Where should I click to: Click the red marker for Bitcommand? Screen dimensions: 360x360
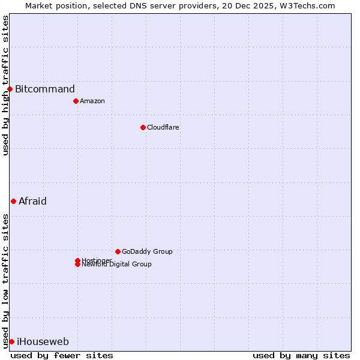(10, 89)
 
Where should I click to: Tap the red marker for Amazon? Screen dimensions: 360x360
(76, 101)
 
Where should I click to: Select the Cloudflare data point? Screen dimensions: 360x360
(143, 127)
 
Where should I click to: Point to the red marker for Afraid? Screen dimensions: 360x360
(13, 201)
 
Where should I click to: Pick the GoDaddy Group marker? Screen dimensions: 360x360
(118, 251)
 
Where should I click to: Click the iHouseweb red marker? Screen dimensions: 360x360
(11, 341)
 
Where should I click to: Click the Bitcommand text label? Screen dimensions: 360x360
(45, 89)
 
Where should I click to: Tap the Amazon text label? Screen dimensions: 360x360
(92, 101)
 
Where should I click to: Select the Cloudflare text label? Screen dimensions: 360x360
(163, 127)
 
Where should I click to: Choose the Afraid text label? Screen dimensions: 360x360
(32, 201)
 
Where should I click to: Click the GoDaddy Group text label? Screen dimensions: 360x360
(147, 251)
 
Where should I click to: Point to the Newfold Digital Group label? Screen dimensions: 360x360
(117, 265)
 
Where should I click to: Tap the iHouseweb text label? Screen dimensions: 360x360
(43, 341)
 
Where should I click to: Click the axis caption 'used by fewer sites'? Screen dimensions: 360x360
(62, 355)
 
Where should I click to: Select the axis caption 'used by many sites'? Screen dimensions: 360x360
(301, 355)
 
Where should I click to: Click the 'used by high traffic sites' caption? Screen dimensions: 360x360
(5, 85)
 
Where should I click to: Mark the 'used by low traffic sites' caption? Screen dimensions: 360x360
(5, 281)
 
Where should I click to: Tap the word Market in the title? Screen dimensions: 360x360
(39, 5)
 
